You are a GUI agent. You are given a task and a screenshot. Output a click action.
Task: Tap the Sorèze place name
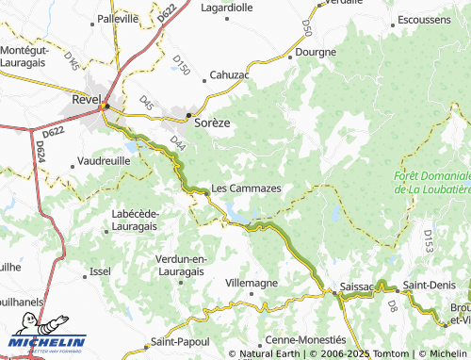pos(211,123)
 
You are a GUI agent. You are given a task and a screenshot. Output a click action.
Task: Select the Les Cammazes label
pos(246,188)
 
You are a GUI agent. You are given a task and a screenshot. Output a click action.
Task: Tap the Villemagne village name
pos(253,282)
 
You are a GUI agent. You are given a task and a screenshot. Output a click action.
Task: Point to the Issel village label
pos(100,270)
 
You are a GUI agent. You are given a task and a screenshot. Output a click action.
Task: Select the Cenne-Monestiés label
pos(304,339)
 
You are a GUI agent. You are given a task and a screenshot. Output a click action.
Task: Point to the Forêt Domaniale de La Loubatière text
pos(432,183)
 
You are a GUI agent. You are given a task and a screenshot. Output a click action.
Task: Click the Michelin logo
pos(47,341)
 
